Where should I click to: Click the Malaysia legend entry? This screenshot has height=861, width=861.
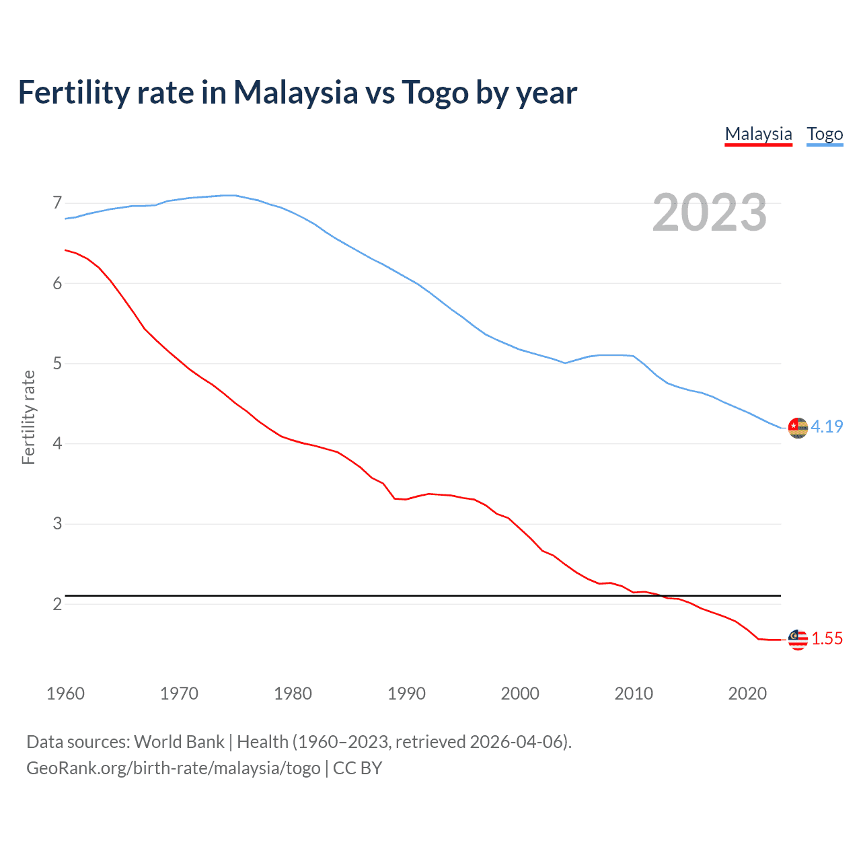click(x=758, y=134)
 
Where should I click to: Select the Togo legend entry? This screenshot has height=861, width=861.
click(x=825, y=134)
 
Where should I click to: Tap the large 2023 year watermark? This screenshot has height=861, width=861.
click(x=709, y=213)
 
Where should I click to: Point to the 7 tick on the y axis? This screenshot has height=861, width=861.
click(x=57, y=202)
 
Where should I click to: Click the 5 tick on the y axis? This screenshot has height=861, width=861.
click(x=57, y=363)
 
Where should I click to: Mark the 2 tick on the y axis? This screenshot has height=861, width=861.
click(x=57, y=604)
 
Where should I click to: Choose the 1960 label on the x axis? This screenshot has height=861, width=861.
click(x=65, y=694)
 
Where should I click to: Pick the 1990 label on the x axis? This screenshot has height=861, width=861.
click(x=406, y=694)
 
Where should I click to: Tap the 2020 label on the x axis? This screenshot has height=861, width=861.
click(x=747, y=694)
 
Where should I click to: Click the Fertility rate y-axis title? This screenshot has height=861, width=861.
click(x=28, y=417)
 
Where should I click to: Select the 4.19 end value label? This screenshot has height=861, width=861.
click(x=827, y=426)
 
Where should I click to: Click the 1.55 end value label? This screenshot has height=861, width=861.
click(x=827, y=638)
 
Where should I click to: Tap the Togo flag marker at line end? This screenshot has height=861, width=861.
click(x=798, y=428)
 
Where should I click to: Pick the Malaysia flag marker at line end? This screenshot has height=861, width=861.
click(x=798, y=640)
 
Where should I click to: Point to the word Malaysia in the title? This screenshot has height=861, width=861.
click(x=295, y=92)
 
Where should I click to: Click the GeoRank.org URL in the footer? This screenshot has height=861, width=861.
click(x=174, y=768)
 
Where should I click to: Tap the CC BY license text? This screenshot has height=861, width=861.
click(x=358, y=768)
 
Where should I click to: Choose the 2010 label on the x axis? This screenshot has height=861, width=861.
click(x=634, y=694)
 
